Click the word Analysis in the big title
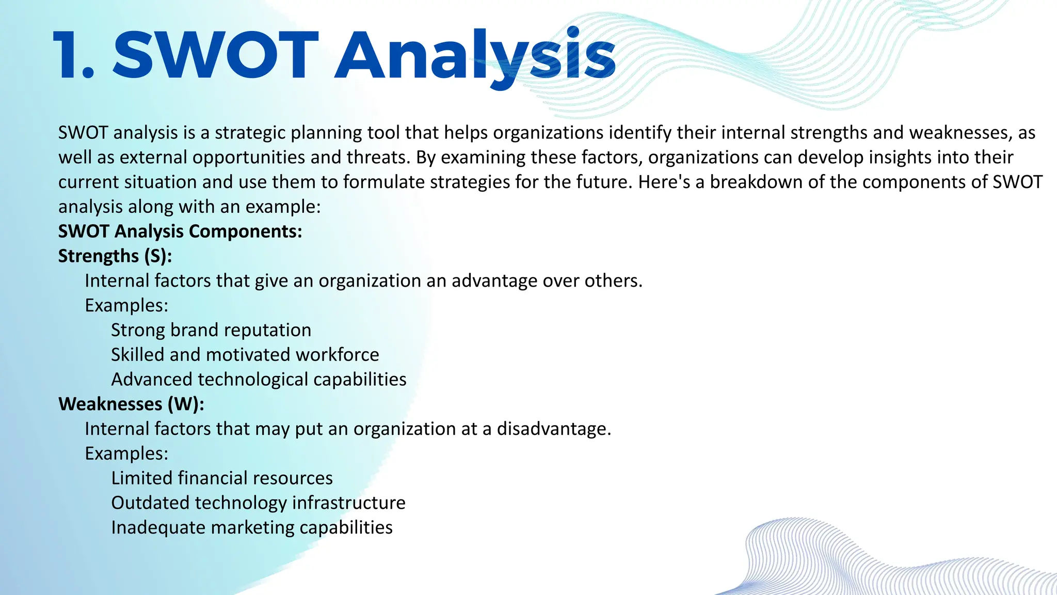[475, 56]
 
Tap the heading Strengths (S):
[115, 256]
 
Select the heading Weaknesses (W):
[131, 404]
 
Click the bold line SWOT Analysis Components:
[180, 231]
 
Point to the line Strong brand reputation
[211, 330]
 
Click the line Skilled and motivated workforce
[245, 355]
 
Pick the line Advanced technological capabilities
[259, 380]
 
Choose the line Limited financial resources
[222, 478]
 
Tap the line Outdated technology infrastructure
[258, 503]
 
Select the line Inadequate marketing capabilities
[252, 528]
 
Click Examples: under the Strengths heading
[126, 306]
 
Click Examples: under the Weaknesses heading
[126, 453]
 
